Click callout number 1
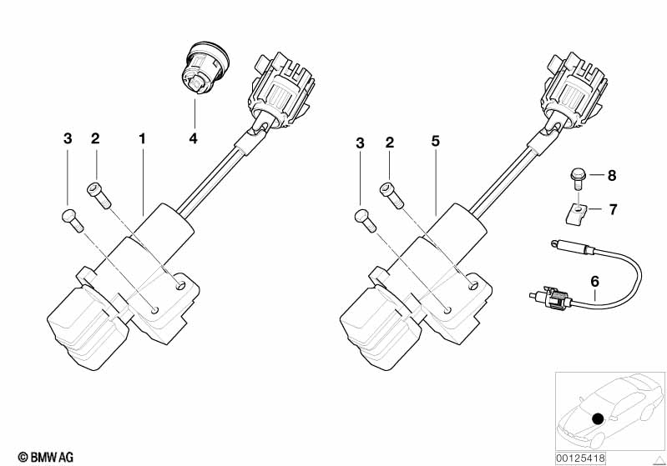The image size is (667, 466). (142, 138)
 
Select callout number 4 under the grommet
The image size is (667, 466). (193, 138)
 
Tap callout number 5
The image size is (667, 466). (435, 143)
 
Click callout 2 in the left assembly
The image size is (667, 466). (95, 138)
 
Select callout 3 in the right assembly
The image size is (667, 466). (361, 143)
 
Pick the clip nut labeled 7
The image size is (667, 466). (576, 213)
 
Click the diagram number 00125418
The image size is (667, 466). (582, 456)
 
